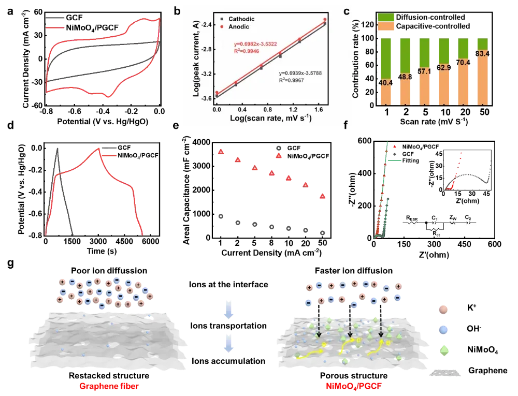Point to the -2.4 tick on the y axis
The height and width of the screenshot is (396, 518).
point(202,25)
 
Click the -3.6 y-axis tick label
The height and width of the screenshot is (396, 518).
point(202,98)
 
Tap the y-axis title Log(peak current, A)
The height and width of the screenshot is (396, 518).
point(190,61)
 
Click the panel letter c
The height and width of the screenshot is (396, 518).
point(347,11)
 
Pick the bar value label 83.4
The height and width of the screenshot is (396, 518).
point(482,54)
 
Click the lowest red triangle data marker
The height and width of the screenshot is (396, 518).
point(323,197)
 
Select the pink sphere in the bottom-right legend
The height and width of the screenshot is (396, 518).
point(443,311)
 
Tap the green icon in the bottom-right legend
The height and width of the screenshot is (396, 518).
point(443,350)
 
